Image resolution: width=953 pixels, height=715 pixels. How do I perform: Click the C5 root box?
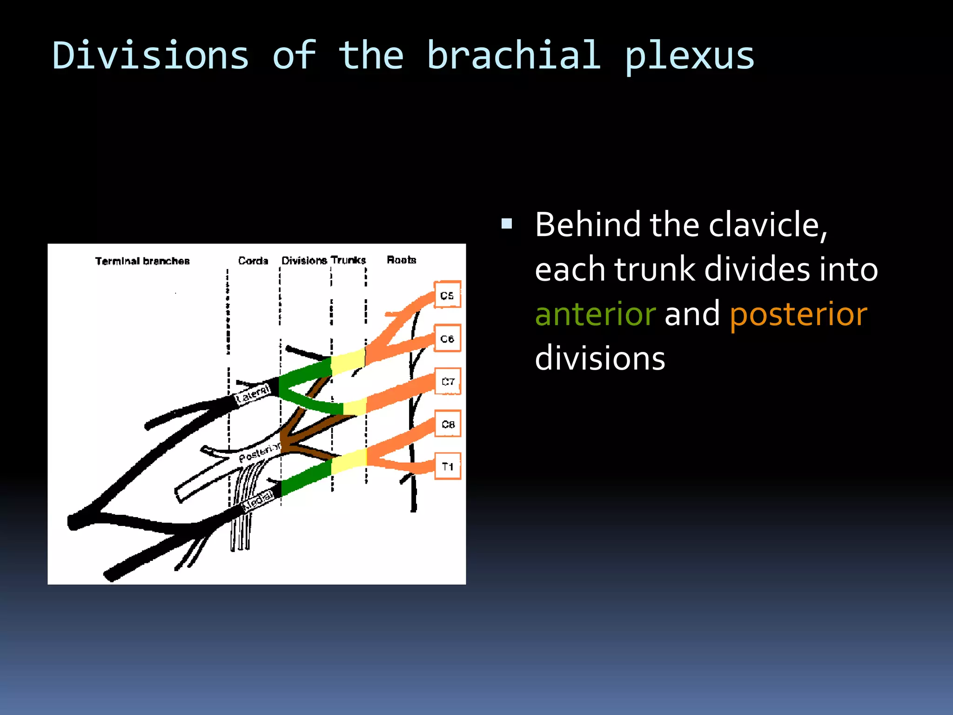[447, 295]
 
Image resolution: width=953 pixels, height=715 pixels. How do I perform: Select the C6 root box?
[447, 338]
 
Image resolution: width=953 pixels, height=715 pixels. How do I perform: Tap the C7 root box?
[448, 382]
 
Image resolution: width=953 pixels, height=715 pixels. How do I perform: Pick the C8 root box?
[448, 424]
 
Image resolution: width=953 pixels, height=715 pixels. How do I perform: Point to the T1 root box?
[448, 466]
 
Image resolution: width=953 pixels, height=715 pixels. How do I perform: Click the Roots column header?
[401, 260]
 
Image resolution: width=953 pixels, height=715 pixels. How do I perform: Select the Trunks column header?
[349, 260]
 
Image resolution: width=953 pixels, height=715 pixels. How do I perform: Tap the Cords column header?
[253, 261]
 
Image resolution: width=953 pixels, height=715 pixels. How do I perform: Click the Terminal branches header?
[142, 261]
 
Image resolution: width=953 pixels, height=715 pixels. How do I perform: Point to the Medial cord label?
[259, 501]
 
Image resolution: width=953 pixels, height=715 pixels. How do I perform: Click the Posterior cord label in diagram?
[259, 452]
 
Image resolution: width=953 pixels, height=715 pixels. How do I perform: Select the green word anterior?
[595, 314]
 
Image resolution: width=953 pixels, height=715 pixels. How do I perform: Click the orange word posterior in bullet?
[798, 314]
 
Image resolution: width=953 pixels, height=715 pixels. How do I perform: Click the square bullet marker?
[507, 224]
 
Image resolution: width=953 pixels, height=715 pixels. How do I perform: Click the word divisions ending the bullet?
[600, 358]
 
